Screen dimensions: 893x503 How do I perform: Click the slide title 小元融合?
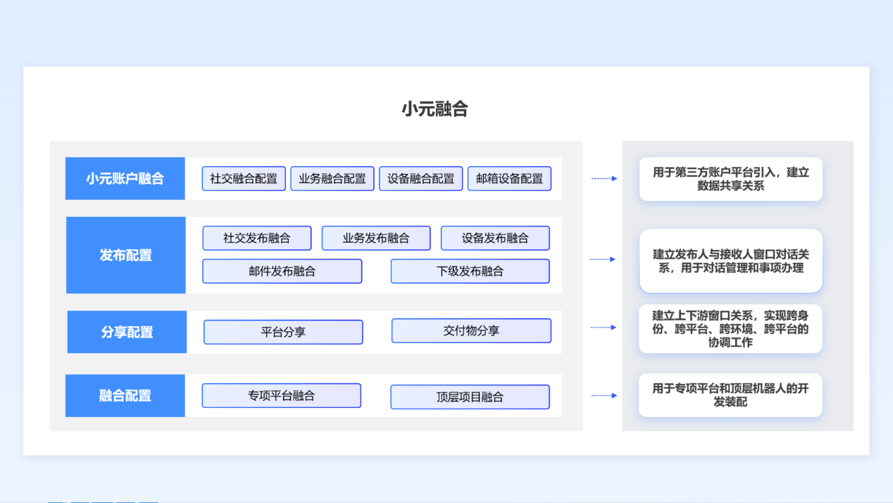tap(435, 109)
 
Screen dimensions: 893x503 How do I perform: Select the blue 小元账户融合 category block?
tap(125, 178)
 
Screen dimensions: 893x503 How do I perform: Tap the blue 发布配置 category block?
tap(126, 255)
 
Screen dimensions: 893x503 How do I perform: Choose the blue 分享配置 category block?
tap(127, 332)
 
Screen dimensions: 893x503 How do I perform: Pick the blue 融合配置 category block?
tap(125, 396)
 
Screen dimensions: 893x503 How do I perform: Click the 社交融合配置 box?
tap(244, 178)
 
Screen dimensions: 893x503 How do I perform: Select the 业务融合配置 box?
tap(332, 178)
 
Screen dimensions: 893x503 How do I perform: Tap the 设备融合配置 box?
tap(420, 178)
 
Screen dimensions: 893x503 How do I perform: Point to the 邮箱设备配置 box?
tap(509, 178)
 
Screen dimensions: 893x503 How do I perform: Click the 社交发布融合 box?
tap(257, 238)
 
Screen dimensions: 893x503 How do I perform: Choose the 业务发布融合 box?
tap(376, 238)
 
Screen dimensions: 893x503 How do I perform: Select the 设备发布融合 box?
tap(495, 238)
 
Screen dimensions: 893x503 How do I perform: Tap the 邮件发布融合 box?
tap(282, 271)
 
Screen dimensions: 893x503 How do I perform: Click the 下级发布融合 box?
tap(470, 271)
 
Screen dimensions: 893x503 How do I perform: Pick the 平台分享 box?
tap(283, 332)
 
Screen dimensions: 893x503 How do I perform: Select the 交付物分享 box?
tap(471, 330)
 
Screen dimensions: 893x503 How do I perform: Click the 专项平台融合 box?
tap(282, 396)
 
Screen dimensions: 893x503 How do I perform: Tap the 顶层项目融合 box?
tap(470, 397)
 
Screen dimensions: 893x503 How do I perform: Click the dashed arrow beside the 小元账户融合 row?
tap(604, 178)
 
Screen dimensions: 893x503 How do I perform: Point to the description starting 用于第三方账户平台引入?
tap(731, 179)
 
